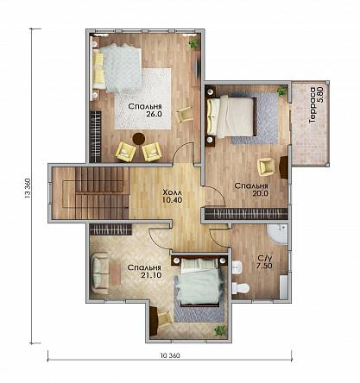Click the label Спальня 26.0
(145, 110)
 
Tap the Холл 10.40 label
(173, 196)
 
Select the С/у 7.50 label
(264, 262)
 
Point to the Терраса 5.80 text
(316, 105)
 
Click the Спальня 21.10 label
(144, 271)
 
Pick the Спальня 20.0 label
(251, 190)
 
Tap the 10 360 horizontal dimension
(170, 355)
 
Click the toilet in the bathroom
(240, 288)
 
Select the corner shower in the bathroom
(278, 234)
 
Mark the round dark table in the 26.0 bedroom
(139, 138)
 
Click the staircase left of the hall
(91, 193)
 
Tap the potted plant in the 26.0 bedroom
(193, 44)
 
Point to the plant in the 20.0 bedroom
(281, 91)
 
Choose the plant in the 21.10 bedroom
(220, 330)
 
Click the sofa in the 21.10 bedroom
(100, 273)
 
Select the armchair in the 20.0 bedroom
(267, 167)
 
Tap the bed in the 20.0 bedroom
(231, 116)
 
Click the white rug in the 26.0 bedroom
(143, 98)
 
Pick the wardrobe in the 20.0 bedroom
(246, 214)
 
